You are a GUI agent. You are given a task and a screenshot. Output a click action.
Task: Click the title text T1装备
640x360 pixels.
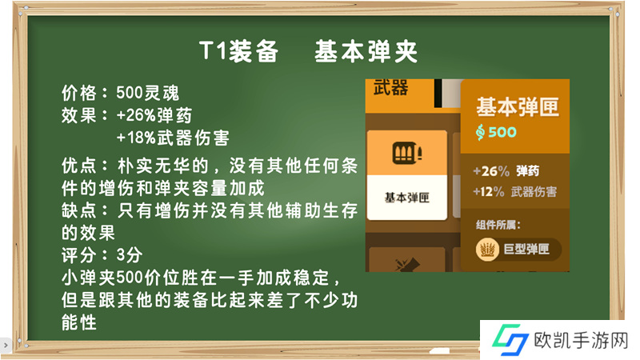(x=239, y=52)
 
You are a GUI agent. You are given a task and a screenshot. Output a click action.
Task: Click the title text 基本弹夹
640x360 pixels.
(x=366, y=52)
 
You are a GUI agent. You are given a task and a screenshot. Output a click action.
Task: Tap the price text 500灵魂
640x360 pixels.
(x=148, y=93)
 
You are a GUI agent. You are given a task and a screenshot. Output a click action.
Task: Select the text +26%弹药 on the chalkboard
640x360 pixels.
(x=154, y=115)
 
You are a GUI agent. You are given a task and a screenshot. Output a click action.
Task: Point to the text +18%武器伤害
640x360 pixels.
(x=173, y=138)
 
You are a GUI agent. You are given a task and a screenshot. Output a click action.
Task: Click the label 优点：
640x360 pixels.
(x=86, y=166)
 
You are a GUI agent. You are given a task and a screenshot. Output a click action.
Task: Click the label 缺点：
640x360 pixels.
(x=86, y=210)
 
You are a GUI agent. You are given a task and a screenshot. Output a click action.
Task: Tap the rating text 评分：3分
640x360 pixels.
(x=102, y=255)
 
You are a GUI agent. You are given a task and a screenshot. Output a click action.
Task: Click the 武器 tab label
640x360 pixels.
(x=390, y=88)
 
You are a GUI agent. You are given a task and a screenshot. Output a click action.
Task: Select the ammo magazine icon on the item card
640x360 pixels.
(x=407, y=153)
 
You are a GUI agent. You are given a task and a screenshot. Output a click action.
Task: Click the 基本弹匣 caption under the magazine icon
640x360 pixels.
(x=407, y=198)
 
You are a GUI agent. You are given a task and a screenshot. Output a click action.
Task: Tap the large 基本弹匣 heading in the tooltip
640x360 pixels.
(x=518, y=107)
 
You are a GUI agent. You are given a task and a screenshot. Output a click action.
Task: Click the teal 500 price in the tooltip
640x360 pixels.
(x=502, y=132)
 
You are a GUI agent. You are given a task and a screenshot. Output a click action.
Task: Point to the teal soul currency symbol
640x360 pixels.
(x=481, y=132)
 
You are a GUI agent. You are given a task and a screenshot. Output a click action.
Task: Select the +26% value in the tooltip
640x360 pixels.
(x=491, y=171)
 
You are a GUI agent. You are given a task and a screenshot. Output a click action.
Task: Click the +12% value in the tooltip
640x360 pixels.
(x=489, y=191)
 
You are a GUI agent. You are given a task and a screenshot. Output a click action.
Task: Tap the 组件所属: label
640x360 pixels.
(x=498, y=225)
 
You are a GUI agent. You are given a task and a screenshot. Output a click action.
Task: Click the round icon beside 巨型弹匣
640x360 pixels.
(x=487, y=249)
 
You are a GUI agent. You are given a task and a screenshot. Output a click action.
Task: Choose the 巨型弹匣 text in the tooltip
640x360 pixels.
(x=526, y=249)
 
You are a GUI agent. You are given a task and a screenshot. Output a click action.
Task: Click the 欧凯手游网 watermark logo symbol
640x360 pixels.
(x=510, y=339)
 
